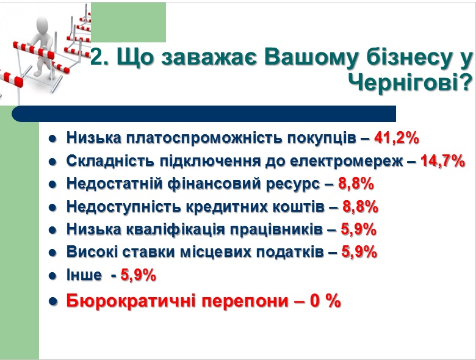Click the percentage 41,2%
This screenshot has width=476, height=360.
[x=397, y=138]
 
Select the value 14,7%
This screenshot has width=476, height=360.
[x=442, y=161]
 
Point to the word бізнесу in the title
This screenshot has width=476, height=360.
[x=411, y=57]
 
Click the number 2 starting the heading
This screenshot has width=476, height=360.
[x=96, y=57]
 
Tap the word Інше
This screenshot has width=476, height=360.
[x=84, y=275]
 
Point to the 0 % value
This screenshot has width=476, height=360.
[x=325, y=300]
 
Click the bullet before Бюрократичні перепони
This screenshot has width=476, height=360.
[x=53, y=301]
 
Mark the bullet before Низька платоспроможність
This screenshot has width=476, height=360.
[x=52, y=139]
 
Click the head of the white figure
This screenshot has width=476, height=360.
[x=41, y=25]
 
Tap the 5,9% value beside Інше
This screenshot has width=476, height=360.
[x=138, y=275]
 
